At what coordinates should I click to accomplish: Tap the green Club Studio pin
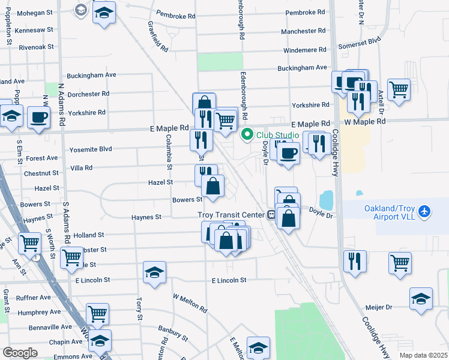247,135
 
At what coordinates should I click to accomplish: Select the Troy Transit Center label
231,215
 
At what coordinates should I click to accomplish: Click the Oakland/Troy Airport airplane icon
425,211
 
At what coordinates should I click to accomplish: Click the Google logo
20,352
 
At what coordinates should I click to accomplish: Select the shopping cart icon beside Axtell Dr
399,89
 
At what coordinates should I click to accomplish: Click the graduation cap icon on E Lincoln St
155,272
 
